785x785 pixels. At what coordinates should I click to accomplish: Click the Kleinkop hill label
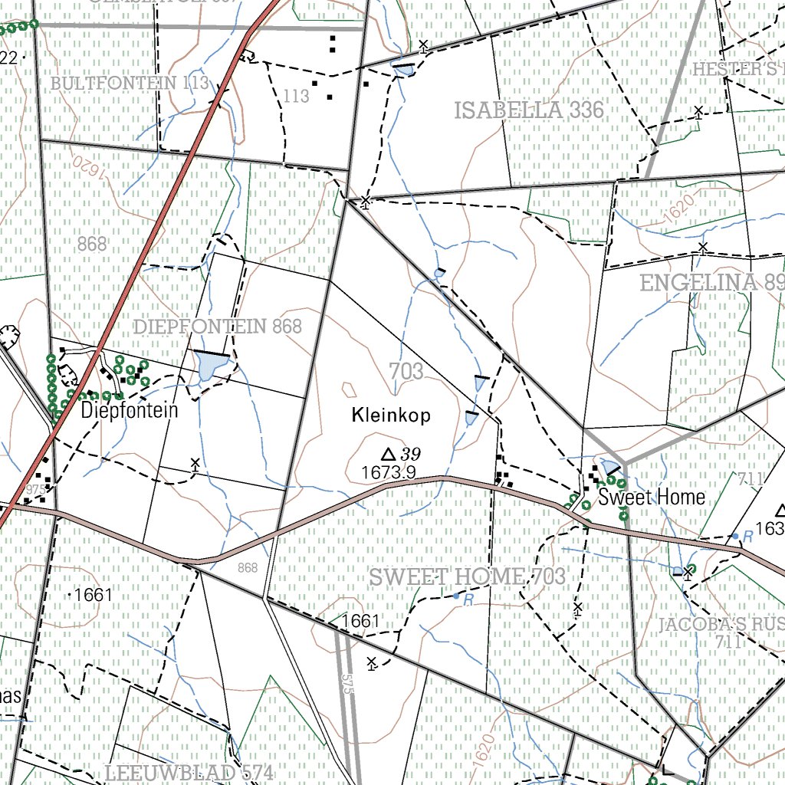click(x=391, y=415)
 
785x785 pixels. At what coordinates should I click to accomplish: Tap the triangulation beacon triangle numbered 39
click(x=388, y=453)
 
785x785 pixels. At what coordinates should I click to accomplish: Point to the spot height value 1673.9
click(x=389, y=473)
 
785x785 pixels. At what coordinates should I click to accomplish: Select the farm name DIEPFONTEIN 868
click(x=218, y=327)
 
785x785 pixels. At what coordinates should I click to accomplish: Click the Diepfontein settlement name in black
click(x=129, y=410)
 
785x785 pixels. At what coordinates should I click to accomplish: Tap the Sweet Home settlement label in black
click(x=652, y=497)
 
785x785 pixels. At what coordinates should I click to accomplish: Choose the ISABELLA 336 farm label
click(x=529, y=110)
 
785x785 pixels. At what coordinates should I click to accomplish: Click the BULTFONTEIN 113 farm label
click(x=130, y=83)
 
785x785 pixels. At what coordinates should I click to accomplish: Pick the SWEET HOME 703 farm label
click(x=468, y=577)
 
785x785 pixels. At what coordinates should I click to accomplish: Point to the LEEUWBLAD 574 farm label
click(x=189, y=773)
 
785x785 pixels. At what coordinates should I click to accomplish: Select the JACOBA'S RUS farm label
click(x=721, y=624)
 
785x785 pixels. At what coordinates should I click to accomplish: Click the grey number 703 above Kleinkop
click(x=406, y=372)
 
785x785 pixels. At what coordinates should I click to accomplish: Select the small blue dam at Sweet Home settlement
click(x=610, y=467)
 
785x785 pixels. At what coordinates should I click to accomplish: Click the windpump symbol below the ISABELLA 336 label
click(x=366, y=202)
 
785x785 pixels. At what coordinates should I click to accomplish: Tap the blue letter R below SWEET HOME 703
click(x=468, y=600)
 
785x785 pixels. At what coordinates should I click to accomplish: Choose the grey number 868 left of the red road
click(x=92, y=245)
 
